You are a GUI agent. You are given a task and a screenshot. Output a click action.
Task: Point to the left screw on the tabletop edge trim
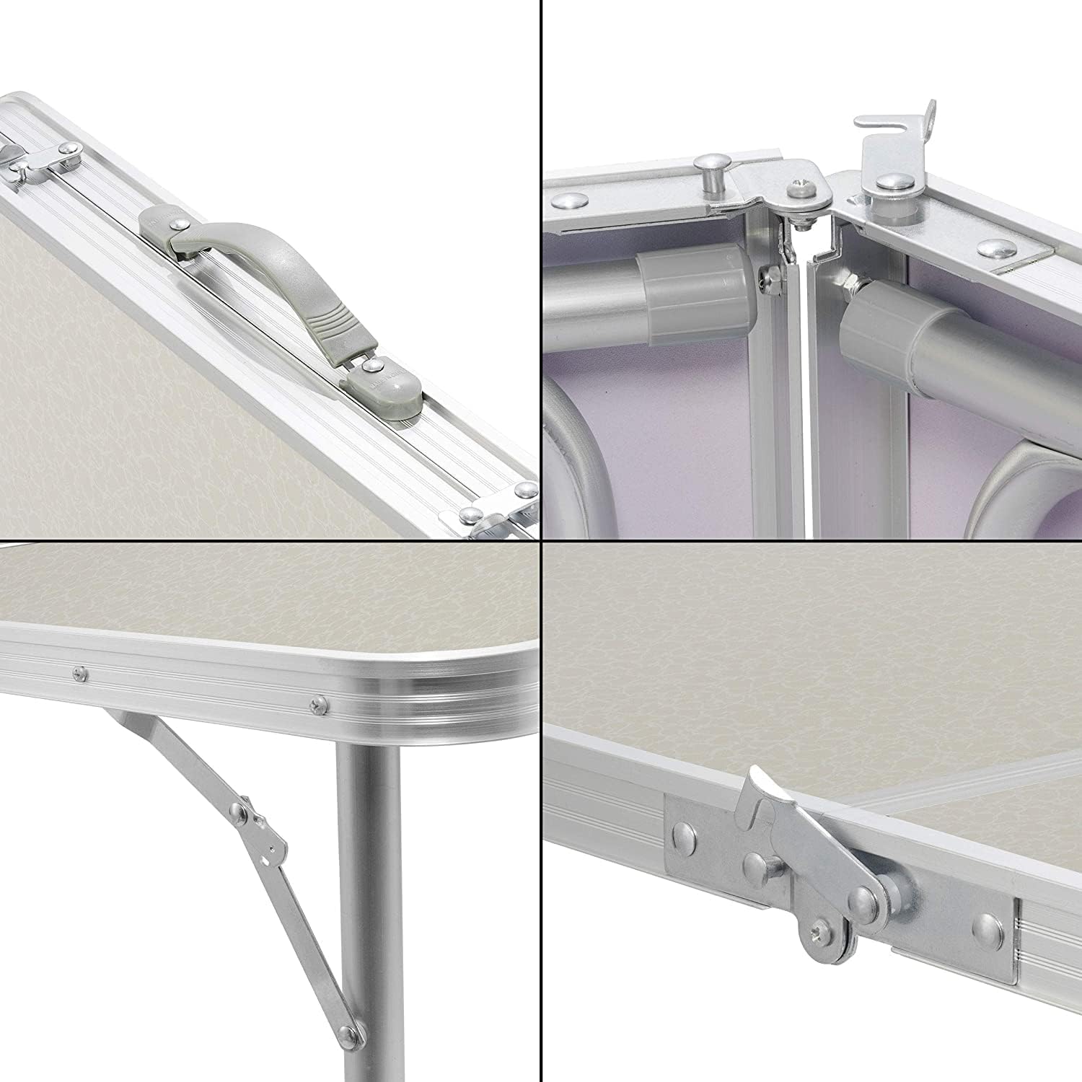tap(77, 673)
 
